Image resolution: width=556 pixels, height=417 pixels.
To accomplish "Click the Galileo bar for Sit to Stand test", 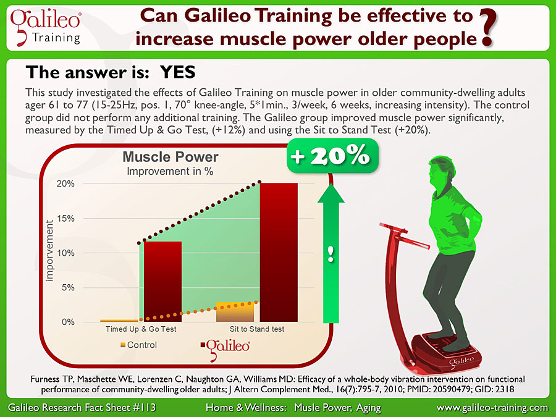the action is [x=279, y=253].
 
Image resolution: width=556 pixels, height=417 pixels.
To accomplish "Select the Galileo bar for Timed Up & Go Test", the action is [x=162, y=282].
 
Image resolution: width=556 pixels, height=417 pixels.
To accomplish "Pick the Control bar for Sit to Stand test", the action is [x=235, y=312].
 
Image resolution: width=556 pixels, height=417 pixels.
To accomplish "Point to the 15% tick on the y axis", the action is [x=65, y=219].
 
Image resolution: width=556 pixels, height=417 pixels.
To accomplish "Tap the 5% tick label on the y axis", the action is [x=68, y=287].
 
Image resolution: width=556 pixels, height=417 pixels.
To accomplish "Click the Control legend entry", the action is [x=138, y=345].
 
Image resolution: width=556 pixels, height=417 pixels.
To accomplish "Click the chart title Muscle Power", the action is [x=171, y=157].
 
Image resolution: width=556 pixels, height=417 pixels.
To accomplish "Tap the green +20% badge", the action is [x=332, y=156].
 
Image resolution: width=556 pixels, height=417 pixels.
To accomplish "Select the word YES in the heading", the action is [x=178, y=72].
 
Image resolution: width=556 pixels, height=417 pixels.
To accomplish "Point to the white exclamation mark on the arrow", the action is [x=331, y=254].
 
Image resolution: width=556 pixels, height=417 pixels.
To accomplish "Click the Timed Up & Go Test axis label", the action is [x=141, y=329].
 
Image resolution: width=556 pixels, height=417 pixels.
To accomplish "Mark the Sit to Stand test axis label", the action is [x=257, y=329].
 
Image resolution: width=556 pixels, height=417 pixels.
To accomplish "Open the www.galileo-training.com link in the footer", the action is [x=492, y=408].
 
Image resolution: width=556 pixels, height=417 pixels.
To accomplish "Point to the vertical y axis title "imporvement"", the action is [x=49, y=251].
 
